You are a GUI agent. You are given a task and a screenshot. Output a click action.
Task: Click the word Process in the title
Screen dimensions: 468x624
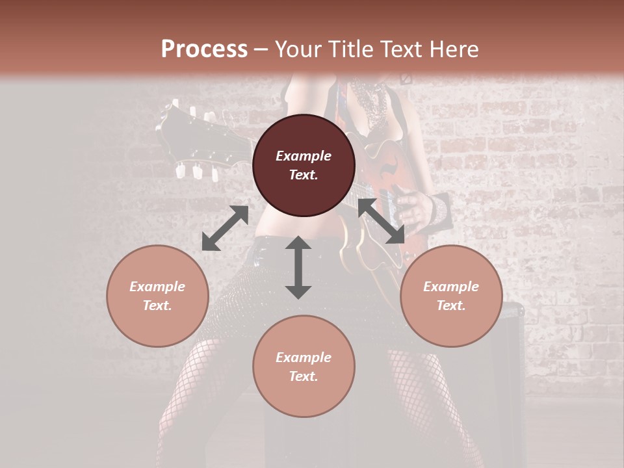204,49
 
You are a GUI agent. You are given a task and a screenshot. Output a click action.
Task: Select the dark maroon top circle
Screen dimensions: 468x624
304,166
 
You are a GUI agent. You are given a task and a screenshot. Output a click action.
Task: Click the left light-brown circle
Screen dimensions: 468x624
157,296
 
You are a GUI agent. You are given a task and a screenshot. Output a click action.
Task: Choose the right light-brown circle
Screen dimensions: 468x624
451,296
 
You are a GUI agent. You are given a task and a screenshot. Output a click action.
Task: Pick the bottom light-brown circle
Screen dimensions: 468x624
304,367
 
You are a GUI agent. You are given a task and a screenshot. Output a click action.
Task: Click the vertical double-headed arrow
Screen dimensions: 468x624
298,267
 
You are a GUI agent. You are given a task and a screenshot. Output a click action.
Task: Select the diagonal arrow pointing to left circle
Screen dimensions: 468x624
225,228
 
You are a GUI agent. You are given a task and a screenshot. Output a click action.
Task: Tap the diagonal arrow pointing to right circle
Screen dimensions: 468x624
382,221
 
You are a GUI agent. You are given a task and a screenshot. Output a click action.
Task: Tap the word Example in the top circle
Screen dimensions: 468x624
304,156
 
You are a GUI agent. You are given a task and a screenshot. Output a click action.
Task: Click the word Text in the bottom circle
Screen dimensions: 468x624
304,376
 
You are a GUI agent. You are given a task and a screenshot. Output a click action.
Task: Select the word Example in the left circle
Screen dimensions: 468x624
157,287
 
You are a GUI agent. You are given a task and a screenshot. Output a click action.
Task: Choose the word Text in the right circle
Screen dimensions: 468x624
451,305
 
